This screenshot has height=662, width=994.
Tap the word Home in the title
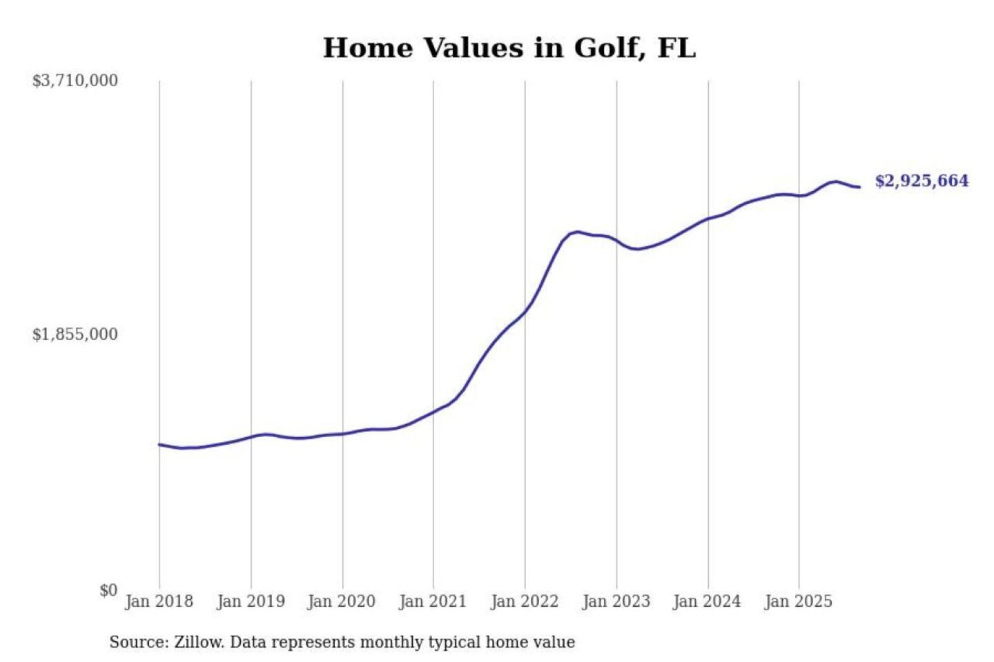[x=368, y=48]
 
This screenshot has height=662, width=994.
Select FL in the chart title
[x=676, y=48]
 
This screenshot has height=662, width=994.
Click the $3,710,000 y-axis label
[x=75, y=81]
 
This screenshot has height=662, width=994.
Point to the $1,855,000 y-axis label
[x=75, y=334]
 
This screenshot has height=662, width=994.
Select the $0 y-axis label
[x=108, y=590]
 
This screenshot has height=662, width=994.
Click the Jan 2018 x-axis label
[x=159, y=601]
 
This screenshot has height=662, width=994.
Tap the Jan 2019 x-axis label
[x=251, y=601]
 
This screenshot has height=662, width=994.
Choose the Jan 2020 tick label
[x=342, y=601]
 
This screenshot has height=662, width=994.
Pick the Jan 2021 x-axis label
[x=433, y=601]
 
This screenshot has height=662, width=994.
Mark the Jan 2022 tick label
[x=525, y=601]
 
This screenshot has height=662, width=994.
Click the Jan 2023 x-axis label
[x=616, y=601]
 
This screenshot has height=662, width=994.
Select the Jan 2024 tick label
[x=708, y=601]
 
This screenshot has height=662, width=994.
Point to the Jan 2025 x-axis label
[x=799, y=601]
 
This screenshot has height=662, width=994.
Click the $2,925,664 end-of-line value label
[x=922, y=181]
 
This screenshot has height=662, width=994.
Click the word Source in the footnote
[x=138, y=642]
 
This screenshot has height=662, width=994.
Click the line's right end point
[x=859, y=187]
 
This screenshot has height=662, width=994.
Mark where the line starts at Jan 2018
[x=159, y=445]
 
